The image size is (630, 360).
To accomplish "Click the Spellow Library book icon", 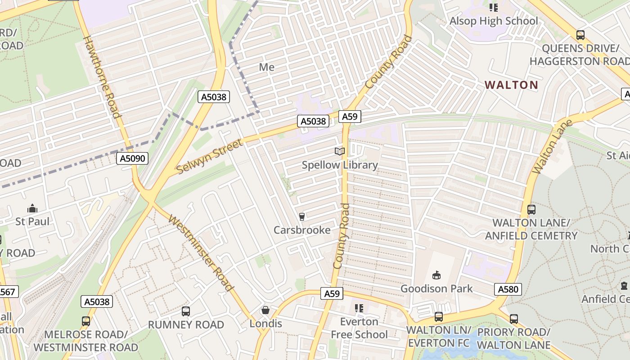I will [x=340, y=152].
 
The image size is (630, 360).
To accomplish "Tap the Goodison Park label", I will [x=436, y=288].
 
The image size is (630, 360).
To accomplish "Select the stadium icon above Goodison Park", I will [x=436, y=275].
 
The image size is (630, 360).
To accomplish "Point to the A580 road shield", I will [x=508, y=289].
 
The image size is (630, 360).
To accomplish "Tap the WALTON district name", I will [x=511, y=85].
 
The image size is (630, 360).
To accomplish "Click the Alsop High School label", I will [x=494, y=21].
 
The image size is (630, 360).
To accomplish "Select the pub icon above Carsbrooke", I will [x=301, y=217].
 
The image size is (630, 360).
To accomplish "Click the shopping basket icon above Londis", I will [x=265, y=310].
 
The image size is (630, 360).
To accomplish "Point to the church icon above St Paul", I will [x=32, y=208].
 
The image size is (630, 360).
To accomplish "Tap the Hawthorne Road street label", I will [x=103, y=76].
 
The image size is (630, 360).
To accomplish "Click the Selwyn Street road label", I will [x=210, y=156].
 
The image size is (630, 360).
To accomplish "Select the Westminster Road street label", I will [x=201, y=253].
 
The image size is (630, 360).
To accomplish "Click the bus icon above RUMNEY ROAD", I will [x=185, y=311].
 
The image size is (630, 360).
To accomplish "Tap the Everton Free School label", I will [x=359, y=328].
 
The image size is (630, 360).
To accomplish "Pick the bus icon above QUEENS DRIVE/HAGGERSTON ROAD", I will [x=580, y=35].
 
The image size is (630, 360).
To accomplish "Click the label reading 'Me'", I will [x=266, y=67].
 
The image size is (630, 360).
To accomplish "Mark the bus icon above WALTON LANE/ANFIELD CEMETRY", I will [x=531, y=209].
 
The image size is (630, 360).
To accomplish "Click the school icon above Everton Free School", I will [x=359, y=308].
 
